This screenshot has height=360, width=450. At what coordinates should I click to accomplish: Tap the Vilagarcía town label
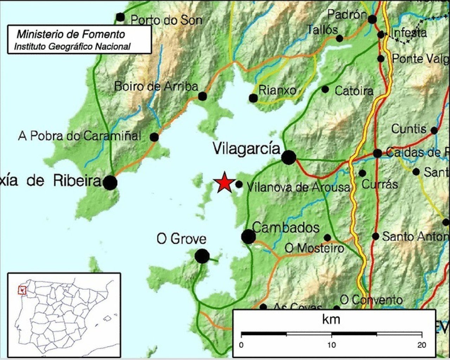click(246, 148)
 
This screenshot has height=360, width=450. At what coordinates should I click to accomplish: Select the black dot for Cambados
click(249, 237)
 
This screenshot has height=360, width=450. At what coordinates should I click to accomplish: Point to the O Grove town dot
click(202, 256)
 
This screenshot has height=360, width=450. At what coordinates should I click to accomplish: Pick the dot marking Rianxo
click(253, 98)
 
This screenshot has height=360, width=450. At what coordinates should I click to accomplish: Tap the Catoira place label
click(354, 91)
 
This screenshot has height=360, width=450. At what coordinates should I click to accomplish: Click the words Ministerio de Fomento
click(71, 34)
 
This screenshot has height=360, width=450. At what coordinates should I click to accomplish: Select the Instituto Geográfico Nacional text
click(72, 46)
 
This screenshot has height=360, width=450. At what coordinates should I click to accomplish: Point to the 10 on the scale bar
click(332, 345)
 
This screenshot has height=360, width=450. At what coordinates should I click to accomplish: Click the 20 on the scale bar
click(422, 345)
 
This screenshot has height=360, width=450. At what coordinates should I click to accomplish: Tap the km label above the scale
click(331, 319)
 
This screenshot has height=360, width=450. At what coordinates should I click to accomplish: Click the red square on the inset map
click(22, 290)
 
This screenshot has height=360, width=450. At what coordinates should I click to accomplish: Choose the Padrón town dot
click(372, 19)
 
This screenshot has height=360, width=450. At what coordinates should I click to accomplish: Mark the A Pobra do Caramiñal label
click(79, 136)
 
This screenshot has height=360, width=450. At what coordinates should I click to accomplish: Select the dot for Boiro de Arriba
click(202, 96)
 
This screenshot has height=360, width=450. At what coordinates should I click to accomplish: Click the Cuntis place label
click(409, 129)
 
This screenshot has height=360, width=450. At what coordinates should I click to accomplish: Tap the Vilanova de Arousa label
click(298, 187)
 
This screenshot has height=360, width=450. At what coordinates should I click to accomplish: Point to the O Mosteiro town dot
click(327, 238)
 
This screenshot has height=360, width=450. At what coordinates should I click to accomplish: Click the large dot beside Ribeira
click(110, 183)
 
